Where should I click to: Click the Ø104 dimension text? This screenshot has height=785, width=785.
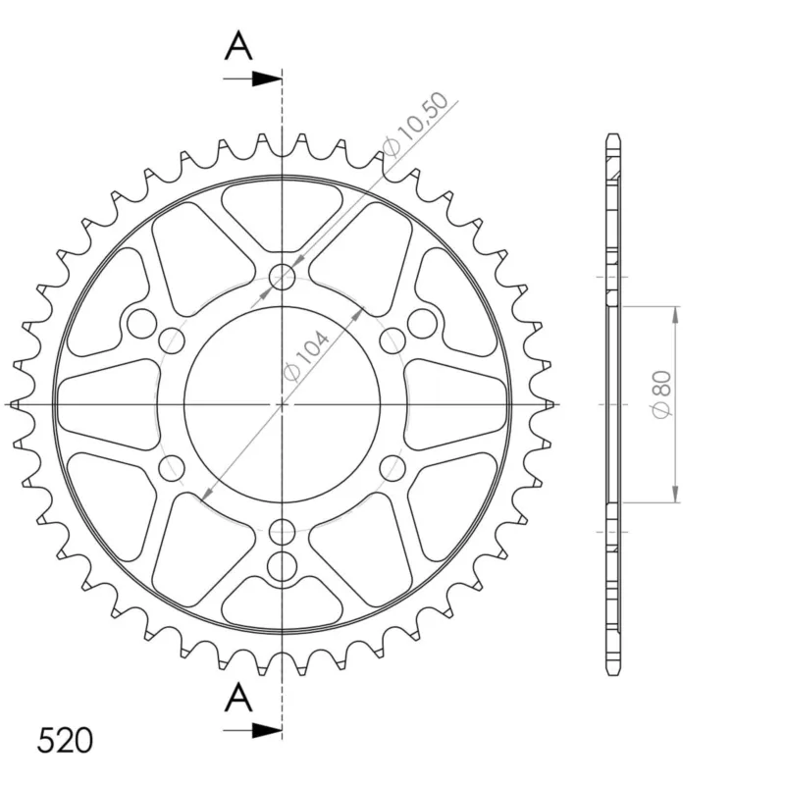click(306, 356)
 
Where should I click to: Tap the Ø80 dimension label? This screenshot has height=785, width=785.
click(661, 395)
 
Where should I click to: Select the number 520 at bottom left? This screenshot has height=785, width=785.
click(65, 741)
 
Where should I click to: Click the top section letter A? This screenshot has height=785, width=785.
click(238, 45)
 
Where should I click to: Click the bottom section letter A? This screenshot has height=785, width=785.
click(238, 698)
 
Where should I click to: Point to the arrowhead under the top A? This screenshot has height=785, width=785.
click(267, 78)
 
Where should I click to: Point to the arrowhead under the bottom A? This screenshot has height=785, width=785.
click(267, 730)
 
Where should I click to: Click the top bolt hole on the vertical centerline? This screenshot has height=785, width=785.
click(283, 277)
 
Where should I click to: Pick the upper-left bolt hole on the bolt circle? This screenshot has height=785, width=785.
click(172, 340)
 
